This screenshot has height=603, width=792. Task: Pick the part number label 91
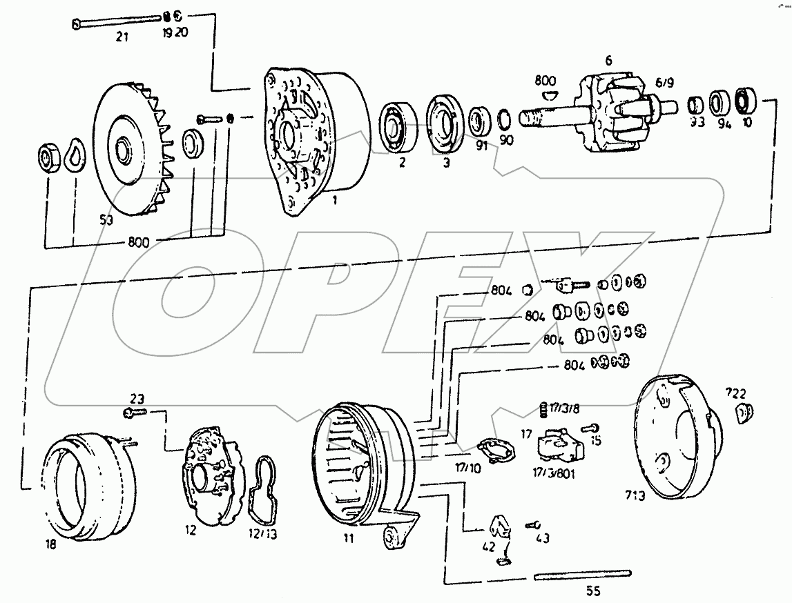(x=481, y=145)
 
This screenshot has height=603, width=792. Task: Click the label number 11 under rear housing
(x=348, y=538)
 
